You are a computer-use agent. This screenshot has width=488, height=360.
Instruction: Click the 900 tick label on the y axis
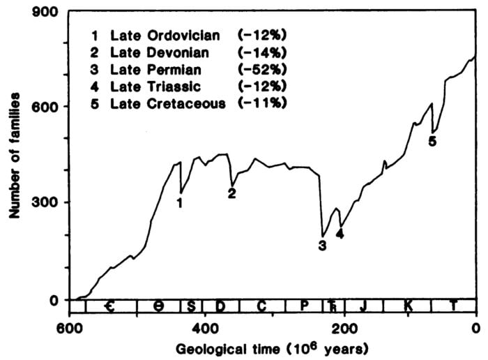coord(50,11)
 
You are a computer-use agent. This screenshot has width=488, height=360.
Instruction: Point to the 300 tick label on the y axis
coord(50,203)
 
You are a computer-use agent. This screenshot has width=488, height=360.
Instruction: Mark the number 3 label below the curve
coord(322,245)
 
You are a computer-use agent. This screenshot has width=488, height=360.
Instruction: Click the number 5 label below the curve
coord(432,141)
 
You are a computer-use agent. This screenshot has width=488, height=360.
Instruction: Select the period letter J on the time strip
coord(361,306)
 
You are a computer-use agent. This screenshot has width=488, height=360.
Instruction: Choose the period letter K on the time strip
coord(407,306)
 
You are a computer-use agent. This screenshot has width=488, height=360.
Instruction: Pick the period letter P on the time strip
coord(304,306)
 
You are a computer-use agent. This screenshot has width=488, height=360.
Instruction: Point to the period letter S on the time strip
coord(190,306)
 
